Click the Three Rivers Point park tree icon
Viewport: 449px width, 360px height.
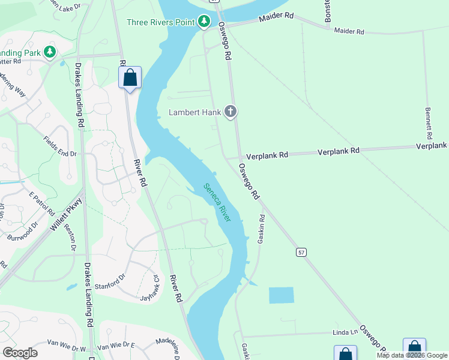pyautogui.click(x=205, y=22)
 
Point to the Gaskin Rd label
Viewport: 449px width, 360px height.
pyautogui.click(x=262, y=229)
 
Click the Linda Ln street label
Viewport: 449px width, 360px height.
pyautogui.click(x=346, y=332)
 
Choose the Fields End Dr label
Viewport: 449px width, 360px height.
pyautogui.click(x=60, y=146)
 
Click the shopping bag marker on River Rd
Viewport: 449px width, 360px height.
pyautogui.click(x=130, y=77)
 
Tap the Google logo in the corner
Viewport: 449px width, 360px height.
pyautogui.click(x=20, y=352)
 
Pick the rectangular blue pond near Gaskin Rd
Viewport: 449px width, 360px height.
pyautogui.click(x=282, y=295)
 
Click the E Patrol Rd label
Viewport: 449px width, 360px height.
pyautogui.click(x=41, y=204)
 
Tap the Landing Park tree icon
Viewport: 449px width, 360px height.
pyautogui.click(x=50, y=53)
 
